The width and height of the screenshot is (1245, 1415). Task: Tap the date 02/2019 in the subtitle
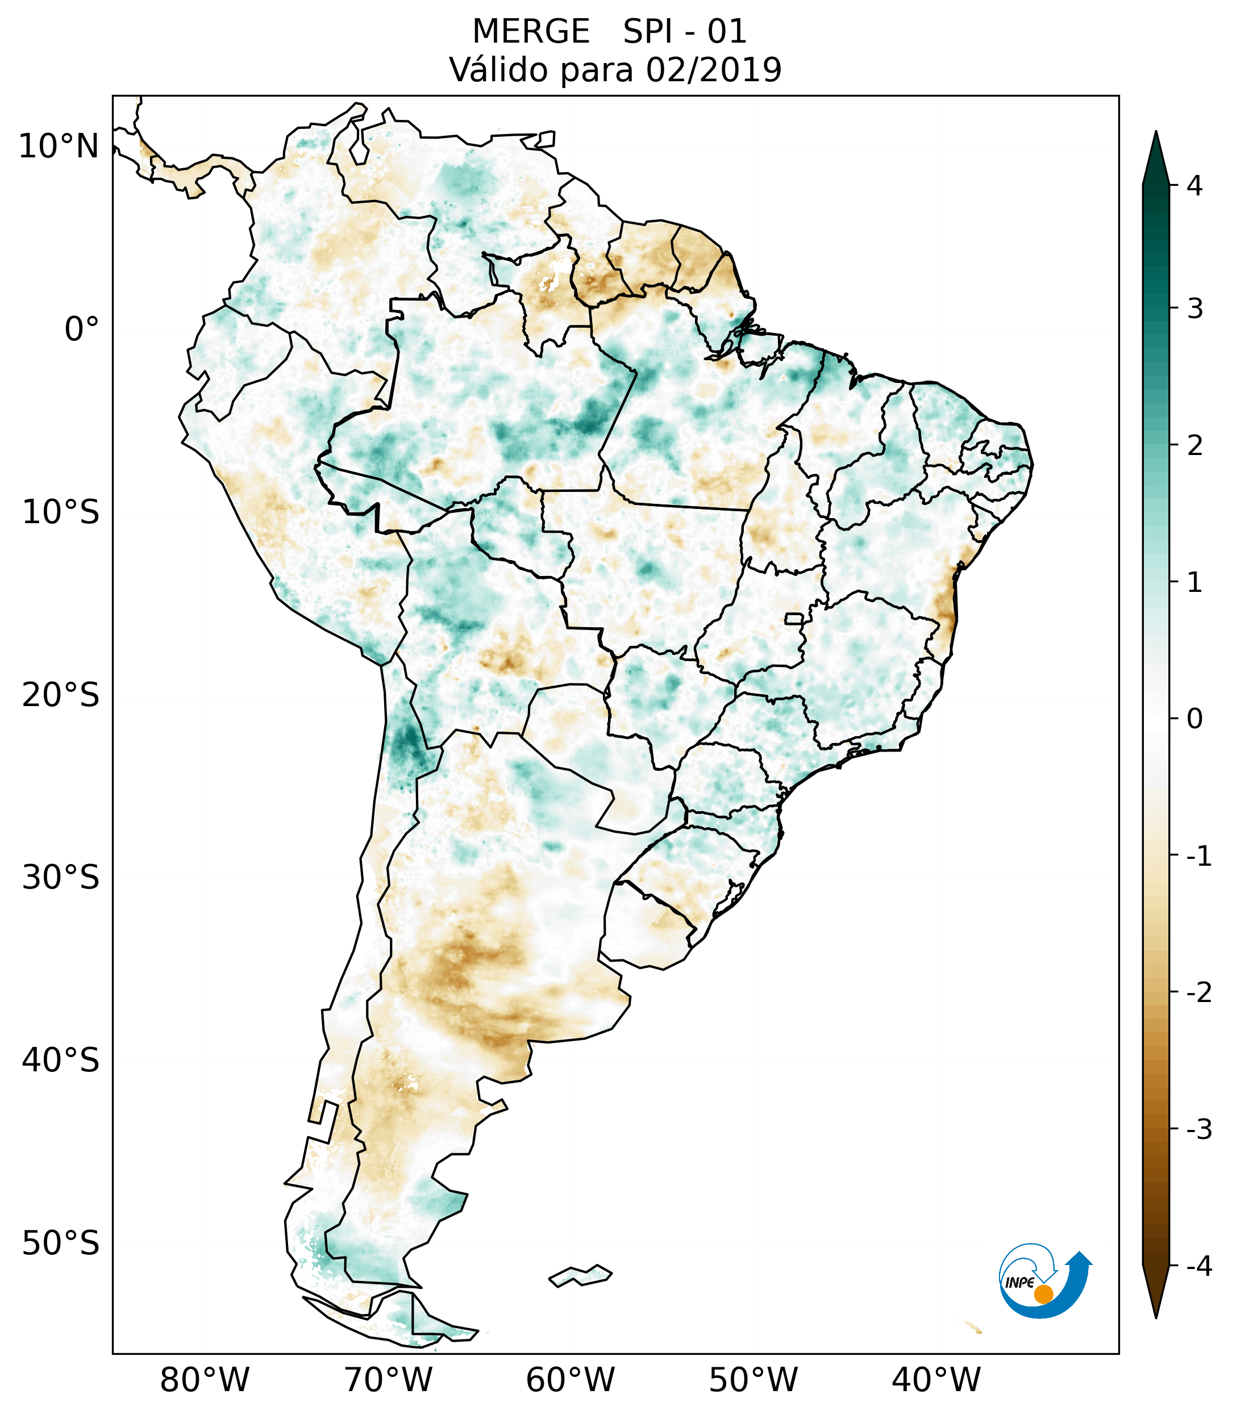click(713, 70)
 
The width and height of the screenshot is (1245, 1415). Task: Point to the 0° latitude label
click(82, 329)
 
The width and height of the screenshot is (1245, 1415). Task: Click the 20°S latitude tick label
click(61, 695)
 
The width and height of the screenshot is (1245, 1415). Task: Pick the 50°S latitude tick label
click(61, 1244)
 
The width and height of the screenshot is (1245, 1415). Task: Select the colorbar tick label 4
click(1194, 186)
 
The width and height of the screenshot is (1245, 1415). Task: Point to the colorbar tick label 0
click(1194, 719)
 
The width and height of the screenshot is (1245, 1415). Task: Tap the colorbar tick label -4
click(1198, 1267)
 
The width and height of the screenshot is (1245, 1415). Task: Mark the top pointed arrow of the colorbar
click(1155, 156)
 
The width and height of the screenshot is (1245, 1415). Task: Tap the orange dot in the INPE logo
click(1043, 1294)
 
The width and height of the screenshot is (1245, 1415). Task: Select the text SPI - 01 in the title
click(685, 32)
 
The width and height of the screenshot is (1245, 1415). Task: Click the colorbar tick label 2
click(1194, 446)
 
